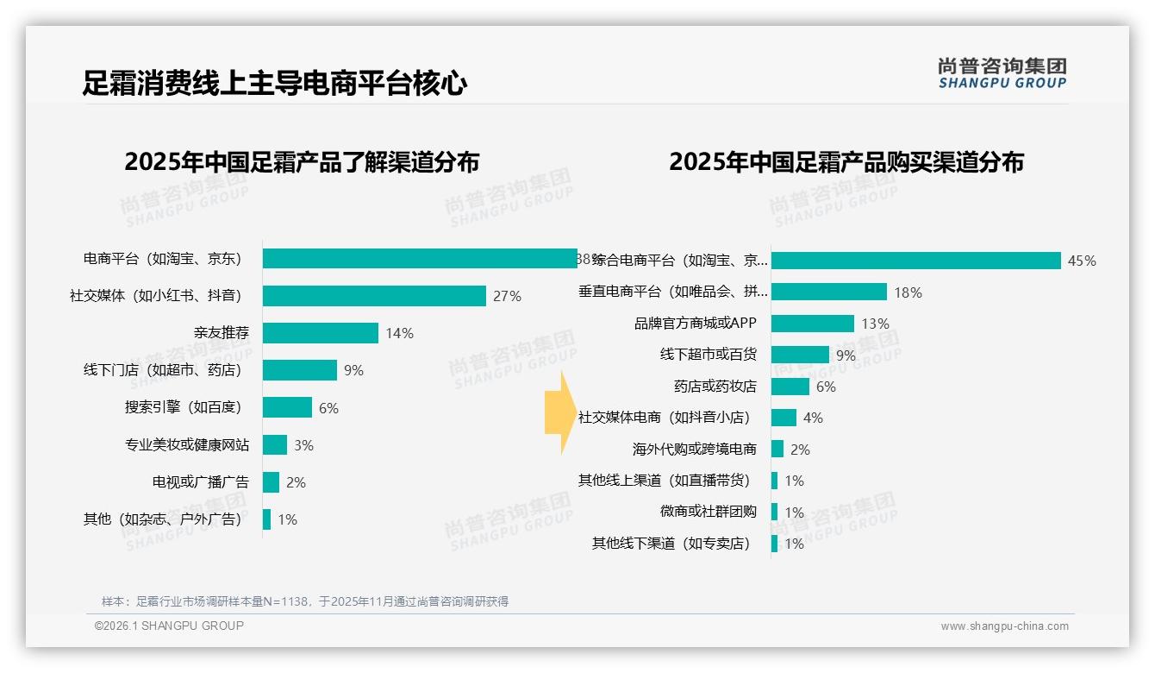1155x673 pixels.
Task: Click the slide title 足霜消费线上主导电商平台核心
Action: (x=275, y=84)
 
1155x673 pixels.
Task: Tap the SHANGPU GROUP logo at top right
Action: (x=1002, y=73)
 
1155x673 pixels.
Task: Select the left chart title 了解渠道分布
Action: (x=302, y=161)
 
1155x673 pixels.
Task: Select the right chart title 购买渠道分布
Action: (x=846, y=161)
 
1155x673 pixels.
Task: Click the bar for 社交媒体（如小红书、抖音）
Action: (x=374, y=296)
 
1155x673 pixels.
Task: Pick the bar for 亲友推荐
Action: (x=321, y=333)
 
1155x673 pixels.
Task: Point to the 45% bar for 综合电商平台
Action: (x=915, y=261)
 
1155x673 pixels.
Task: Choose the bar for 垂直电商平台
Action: (x=828, y=292)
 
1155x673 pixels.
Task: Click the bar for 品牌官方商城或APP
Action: (x=812, y=324)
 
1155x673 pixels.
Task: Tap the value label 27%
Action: (x=507, y=296)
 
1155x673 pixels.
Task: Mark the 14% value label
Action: (x=399, y=333)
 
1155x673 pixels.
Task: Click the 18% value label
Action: (x=908, y=292)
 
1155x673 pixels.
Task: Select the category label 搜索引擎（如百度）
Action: (x=183, y=407)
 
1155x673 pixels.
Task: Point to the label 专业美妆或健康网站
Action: (x=186, y=445)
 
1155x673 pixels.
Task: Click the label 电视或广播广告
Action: (x=200, y=482)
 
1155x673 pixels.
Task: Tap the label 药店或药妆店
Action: (x=715, y=387)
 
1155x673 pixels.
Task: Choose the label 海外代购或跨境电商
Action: (x=694, y=450)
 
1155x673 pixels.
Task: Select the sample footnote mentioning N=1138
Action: (x=305, y=601)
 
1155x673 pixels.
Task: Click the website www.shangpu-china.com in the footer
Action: (x=1004, y=626)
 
